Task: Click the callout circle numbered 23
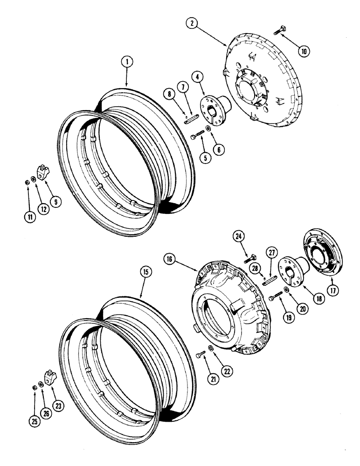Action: coord(58,405)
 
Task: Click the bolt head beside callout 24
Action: coord(250,256)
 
